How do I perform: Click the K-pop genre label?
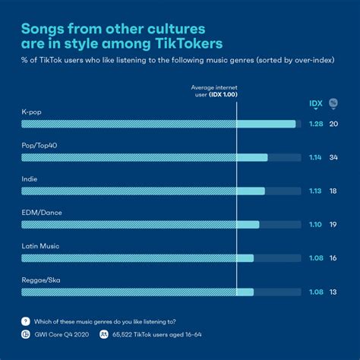(31, 111)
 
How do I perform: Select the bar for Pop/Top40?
(144, 157)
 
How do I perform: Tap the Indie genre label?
(29, 178)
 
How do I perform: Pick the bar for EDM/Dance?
(141, 225)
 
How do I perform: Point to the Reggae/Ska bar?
(137, 292)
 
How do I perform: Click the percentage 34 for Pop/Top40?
(333, 157)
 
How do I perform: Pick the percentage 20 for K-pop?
(333, 124)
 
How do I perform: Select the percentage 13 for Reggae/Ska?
(333, 292)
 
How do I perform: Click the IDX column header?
(315, 103)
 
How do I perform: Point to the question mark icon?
(26, 321)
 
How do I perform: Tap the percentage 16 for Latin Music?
(333, 258)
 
